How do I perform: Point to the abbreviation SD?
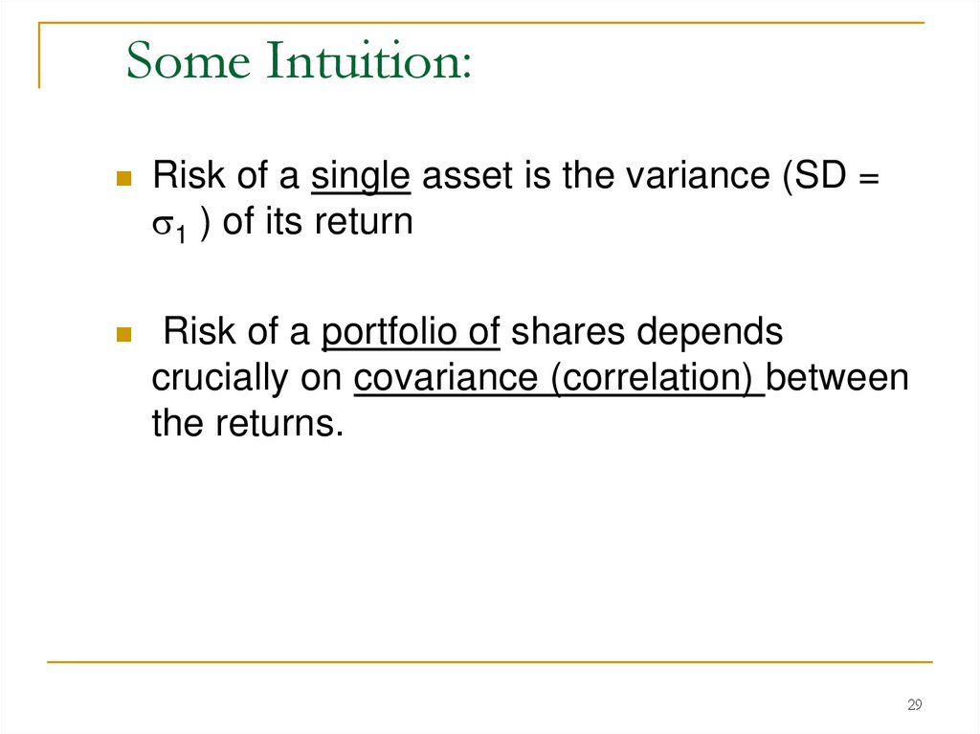coord(818,177)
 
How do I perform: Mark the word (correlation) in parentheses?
coord(657,379)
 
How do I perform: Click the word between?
coord(838,379)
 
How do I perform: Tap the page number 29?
coord(914,705)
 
